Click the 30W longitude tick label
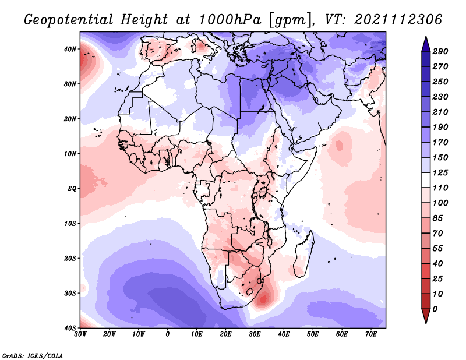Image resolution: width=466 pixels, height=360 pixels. coord(80,334)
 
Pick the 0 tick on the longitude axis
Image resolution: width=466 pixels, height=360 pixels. coord(168,334)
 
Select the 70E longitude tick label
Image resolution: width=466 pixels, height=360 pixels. coord(371,334)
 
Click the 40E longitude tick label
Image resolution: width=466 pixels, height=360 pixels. coord(284,334)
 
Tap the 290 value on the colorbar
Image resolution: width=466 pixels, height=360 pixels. coord(440,51)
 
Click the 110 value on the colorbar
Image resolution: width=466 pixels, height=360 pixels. coord(440,189)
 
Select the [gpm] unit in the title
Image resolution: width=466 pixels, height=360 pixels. coord(287,20)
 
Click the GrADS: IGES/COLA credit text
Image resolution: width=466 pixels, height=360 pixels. coord(33,355)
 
